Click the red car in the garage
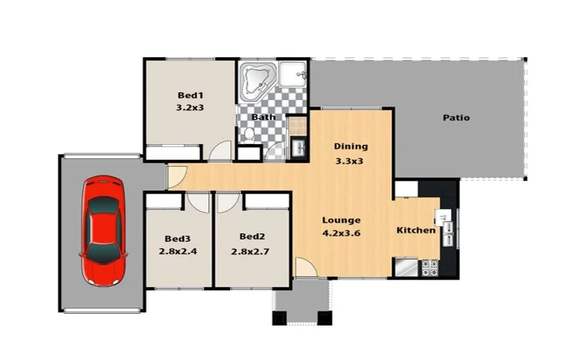coord(103,232)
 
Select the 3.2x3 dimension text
coord(190,109)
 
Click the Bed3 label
coord(177,238)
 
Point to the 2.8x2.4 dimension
coord(177,251)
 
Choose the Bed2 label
coord(251,236)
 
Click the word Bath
coord(263,118)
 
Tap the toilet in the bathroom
coord(248,135)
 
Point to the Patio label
coord(456,118)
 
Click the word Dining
coord(350,146)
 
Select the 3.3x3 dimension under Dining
coord(350,161)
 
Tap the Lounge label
coord(341,220)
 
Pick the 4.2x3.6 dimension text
coord(341,233)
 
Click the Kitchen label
coord(415,230)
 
